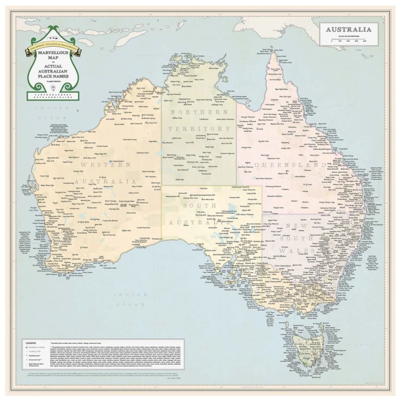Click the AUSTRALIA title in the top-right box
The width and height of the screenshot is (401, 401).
pyautogui.click(x=348, y=29)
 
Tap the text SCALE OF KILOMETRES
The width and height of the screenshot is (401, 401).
pyautogui.click(x=348, y=36)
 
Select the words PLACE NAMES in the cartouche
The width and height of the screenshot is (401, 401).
pyautogui.click(x=53, y=76)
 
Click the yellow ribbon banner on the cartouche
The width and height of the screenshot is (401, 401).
pyautogui.click(x=53, y=47)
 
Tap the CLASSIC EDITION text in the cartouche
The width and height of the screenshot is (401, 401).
pyautogui.click(x=53, y=81)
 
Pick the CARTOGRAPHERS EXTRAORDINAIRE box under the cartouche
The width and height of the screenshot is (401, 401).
pyautogui.click(x=53, y=95)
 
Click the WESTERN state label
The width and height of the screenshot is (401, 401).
pyautogui.click(x=105, y=164)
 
